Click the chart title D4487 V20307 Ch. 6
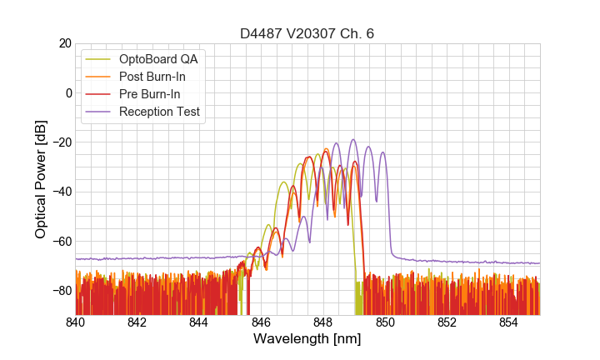coord(307,33)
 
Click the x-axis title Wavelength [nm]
coord(307,339)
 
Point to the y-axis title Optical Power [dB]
coord(41,179)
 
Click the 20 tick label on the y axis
coord(65,43)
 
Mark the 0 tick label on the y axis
coord(68,92)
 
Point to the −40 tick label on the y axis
coord(61,192)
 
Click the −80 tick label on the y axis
coord(61,291)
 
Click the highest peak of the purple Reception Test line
coord(353,139)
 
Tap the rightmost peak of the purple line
coord(382,152)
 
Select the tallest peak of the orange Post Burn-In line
coord(325,149)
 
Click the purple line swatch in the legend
coord(100,112)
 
